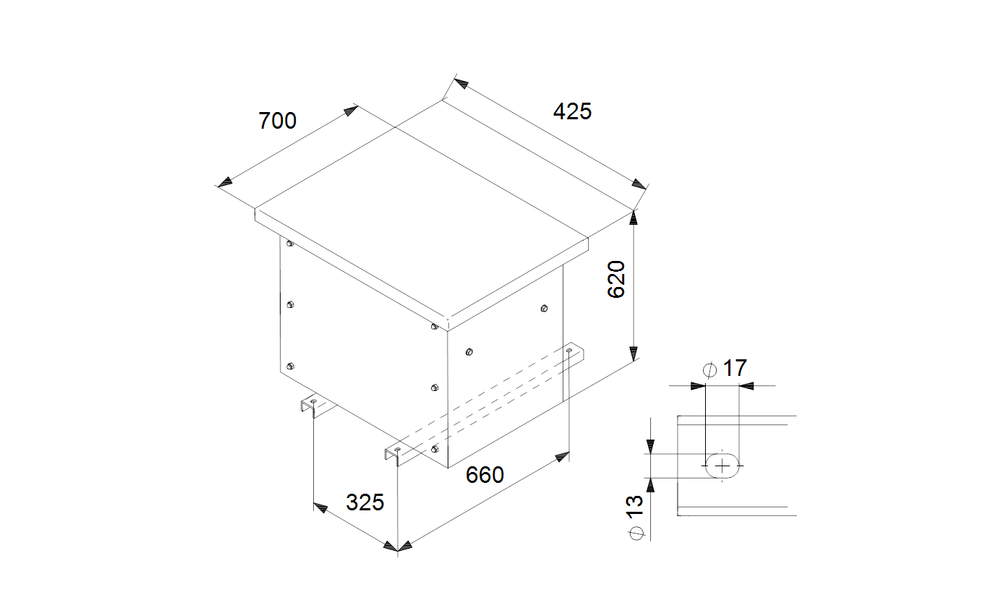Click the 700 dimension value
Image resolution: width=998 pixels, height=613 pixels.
coord(277,121)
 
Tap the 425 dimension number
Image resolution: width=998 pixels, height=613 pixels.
coord(573,111)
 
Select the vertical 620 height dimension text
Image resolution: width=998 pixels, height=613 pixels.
coord(616,279)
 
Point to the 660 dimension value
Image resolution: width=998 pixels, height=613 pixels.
coord(485,475)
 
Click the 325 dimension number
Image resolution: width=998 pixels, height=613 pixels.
coord(365,502)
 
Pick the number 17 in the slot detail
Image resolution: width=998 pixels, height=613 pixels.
coord(735,369)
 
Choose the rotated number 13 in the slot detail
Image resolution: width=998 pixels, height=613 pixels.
coord(635,507)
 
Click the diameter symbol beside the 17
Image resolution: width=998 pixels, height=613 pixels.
coord(709,370)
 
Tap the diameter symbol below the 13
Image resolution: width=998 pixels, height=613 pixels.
coord(636,533)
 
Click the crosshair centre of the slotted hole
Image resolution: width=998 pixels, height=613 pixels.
coord(722,466)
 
